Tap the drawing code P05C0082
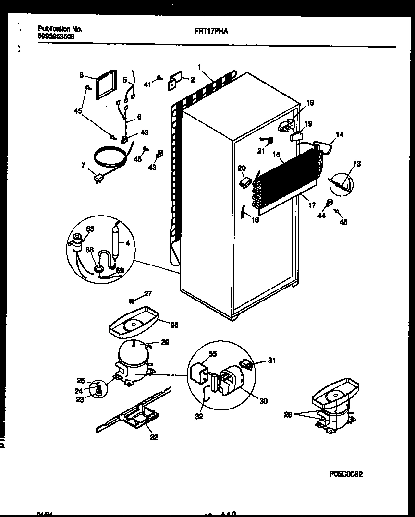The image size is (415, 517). click(346, 474)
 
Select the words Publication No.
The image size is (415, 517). click(57, 29)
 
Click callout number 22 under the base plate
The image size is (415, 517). click(153, 436)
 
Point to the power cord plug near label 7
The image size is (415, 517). click(99, 178)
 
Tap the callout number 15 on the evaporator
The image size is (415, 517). click(277, 155)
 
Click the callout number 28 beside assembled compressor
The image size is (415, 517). click(288, 414)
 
